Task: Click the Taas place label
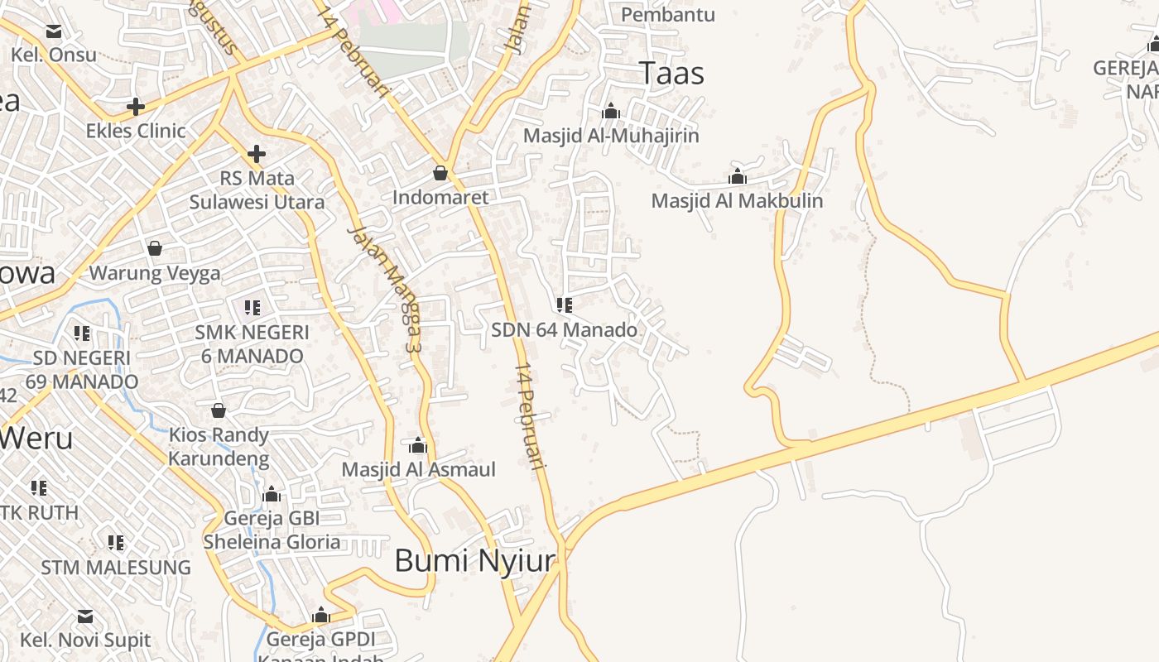pos(671,74)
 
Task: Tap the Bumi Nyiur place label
pos(474,560)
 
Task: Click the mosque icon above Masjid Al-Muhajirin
pos(611,111)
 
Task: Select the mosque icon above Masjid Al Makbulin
pos(737,176)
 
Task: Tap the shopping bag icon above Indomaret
pos(440,173)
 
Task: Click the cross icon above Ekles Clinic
pos(136,106)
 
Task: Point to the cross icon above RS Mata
pos(257,153)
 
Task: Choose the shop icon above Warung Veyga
pos(155,248)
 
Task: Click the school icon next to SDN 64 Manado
pos(565,305)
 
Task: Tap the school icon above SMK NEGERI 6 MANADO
pos(252,308)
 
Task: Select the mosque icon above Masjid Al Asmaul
pos(418,445)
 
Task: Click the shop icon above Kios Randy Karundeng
pos(219,410)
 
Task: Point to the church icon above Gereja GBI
pos(272,495)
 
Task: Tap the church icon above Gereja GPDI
pos(321,616)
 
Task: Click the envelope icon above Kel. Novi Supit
pos(85,616)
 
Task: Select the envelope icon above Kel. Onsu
pos(54,31)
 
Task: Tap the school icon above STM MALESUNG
pos(116,543)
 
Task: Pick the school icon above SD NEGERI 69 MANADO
pos(82,333)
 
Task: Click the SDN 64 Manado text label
pos(564,330)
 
